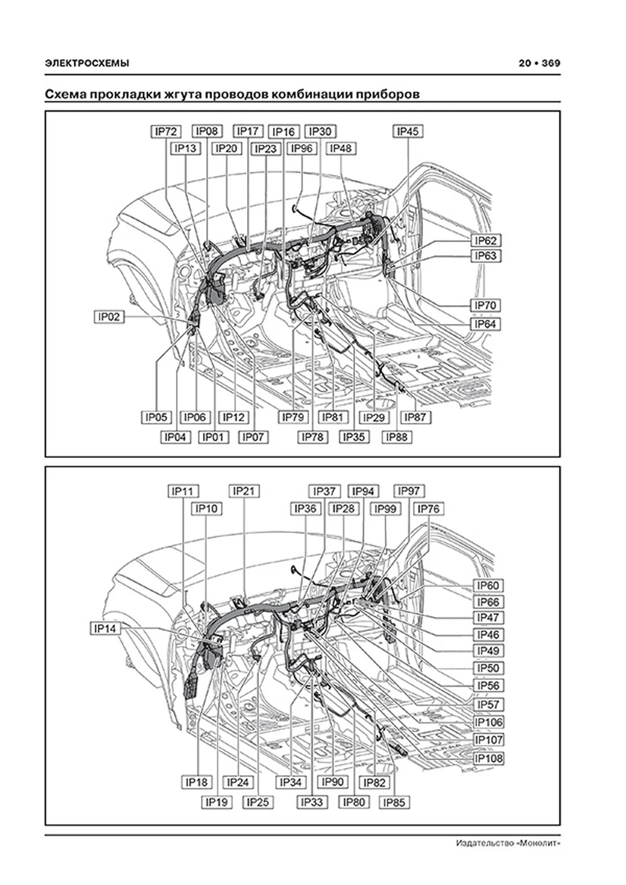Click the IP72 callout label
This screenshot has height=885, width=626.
[x=166, y=131]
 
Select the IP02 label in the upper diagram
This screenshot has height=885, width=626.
[x=109, y=317]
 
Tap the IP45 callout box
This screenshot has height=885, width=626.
[x=408, y=131]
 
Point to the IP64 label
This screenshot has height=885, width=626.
[x=485, y=324]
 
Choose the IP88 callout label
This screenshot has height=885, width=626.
[x=397, y=437]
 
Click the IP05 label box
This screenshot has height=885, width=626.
[x=156, y=417]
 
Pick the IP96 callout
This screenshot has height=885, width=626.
[x=301, y=148]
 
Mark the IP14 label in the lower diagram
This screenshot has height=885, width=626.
[x=105, y=628]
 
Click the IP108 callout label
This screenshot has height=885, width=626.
[x=488, y=758]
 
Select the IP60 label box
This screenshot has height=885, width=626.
[x=488, y=586]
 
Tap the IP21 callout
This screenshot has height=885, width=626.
[x=244, y=491]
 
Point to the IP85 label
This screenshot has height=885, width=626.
[x=394, y=802]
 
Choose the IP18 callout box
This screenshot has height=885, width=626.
[x=196, y=782]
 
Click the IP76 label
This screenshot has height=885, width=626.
[x=428, y=509]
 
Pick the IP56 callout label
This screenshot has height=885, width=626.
[x=488, y=685]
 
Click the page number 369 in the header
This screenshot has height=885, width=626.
[x=551, y=63]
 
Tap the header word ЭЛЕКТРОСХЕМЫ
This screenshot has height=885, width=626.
[x=87, y=63]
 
